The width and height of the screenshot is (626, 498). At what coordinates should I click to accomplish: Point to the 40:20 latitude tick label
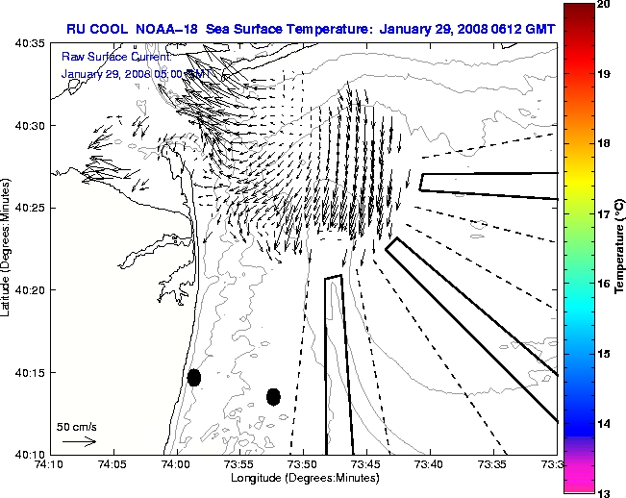28,290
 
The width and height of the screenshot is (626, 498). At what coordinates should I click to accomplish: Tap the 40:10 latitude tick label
28,454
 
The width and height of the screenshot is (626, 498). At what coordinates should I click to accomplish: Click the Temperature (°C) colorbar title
619,249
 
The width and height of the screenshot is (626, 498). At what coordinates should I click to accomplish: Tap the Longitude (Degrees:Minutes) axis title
303,479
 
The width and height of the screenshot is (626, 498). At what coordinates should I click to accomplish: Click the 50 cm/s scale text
77,426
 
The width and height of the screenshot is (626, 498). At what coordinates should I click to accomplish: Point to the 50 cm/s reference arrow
79,441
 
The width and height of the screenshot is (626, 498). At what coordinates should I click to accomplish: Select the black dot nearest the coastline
194,377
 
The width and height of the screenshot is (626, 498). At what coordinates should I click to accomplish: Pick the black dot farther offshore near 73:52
273,396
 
